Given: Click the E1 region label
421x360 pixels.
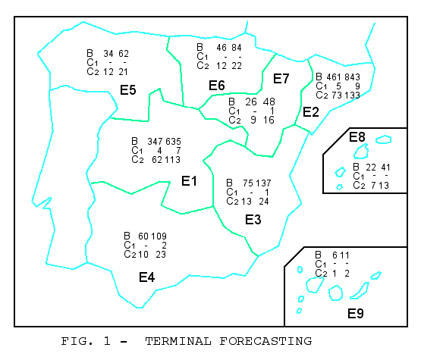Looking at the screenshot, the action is [x=189, y=181].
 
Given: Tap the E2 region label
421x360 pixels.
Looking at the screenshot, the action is [x=311, y=112].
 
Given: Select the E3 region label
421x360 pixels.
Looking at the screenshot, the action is [x=253, y=220].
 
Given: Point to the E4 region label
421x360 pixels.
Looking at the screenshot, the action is [x=146, y=277].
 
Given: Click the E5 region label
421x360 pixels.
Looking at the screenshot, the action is [x=127, y=90].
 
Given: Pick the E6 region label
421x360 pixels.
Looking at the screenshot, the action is [x=217, y=86].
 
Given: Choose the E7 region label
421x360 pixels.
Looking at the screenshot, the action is [x=281, y=79].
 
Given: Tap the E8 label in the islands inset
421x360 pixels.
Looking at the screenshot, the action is [x=357, y=137].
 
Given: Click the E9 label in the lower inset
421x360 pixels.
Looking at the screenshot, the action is [x=356, y=313].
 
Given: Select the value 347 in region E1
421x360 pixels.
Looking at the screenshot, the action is [x=155, y=142].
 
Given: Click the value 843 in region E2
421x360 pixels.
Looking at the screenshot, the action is [x=352, y=77].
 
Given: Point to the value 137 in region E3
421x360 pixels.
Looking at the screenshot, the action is [x=263, y=183].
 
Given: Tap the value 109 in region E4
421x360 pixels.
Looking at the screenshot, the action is [x=159, y=236].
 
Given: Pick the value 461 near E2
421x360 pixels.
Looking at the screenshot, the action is [x=334, y=77].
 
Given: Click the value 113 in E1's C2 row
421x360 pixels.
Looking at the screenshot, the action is [x=172, y=160].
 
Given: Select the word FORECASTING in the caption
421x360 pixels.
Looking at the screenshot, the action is [x=265, y=341].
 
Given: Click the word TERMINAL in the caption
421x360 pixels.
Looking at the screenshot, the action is [x=178, y=341].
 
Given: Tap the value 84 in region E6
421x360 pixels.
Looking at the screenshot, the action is [x=237, y=48].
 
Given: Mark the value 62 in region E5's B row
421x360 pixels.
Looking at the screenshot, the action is [x=124, y=54].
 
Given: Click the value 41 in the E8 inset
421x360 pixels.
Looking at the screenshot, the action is [x=385, y=167].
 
